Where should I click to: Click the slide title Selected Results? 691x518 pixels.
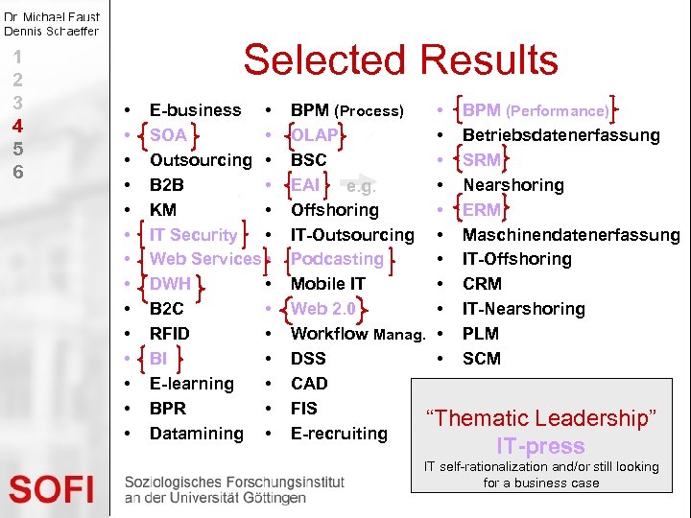(400, 60)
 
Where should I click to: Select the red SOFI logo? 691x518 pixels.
(52, 490)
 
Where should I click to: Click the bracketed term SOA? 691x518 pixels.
(169, 135)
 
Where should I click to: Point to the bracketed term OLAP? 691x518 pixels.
(315, 135)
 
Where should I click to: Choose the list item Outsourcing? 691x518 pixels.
(201, 160)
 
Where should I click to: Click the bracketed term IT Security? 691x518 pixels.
(193, 235)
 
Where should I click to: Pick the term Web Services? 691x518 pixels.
(205, 259)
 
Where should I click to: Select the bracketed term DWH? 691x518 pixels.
(171, 284)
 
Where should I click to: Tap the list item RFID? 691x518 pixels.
(170, 334)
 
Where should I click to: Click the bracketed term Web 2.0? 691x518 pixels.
(323, 309)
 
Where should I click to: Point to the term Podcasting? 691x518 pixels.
(337, 259)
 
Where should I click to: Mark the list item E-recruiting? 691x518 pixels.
(339, 434)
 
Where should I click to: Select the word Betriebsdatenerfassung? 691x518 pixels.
(561, 135)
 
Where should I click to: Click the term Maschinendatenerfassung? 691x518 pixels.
(571, 235)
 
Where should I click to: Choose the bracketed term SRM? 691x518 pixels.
(481, 160)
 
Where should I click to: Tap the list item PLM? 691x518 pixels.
(481, 334)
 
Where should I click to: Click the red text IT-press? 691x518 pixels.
(540, 446)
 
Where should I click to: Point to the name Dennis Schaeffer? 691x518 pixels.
(51, 31)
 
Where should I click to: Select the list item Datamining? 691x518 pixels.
(197, 434)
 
